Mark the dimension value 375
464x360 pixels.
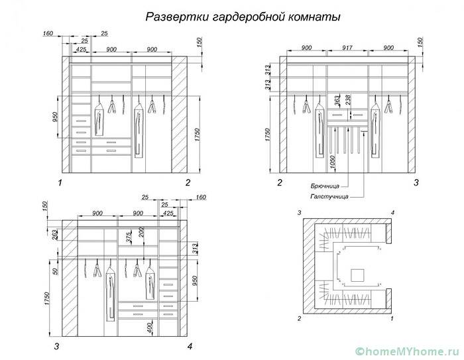(x=129, y=237)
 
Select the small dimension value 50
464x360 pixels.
(x=55, y=270)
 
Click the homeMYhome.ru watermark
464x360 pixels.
(x=405, y=349)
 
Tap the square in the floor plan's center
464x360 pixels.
(x=358, y=274)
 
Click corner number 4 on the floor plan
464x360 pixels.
(x=393, y=212)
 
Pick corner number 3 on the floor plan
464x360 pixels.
(x=300, y=212)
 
